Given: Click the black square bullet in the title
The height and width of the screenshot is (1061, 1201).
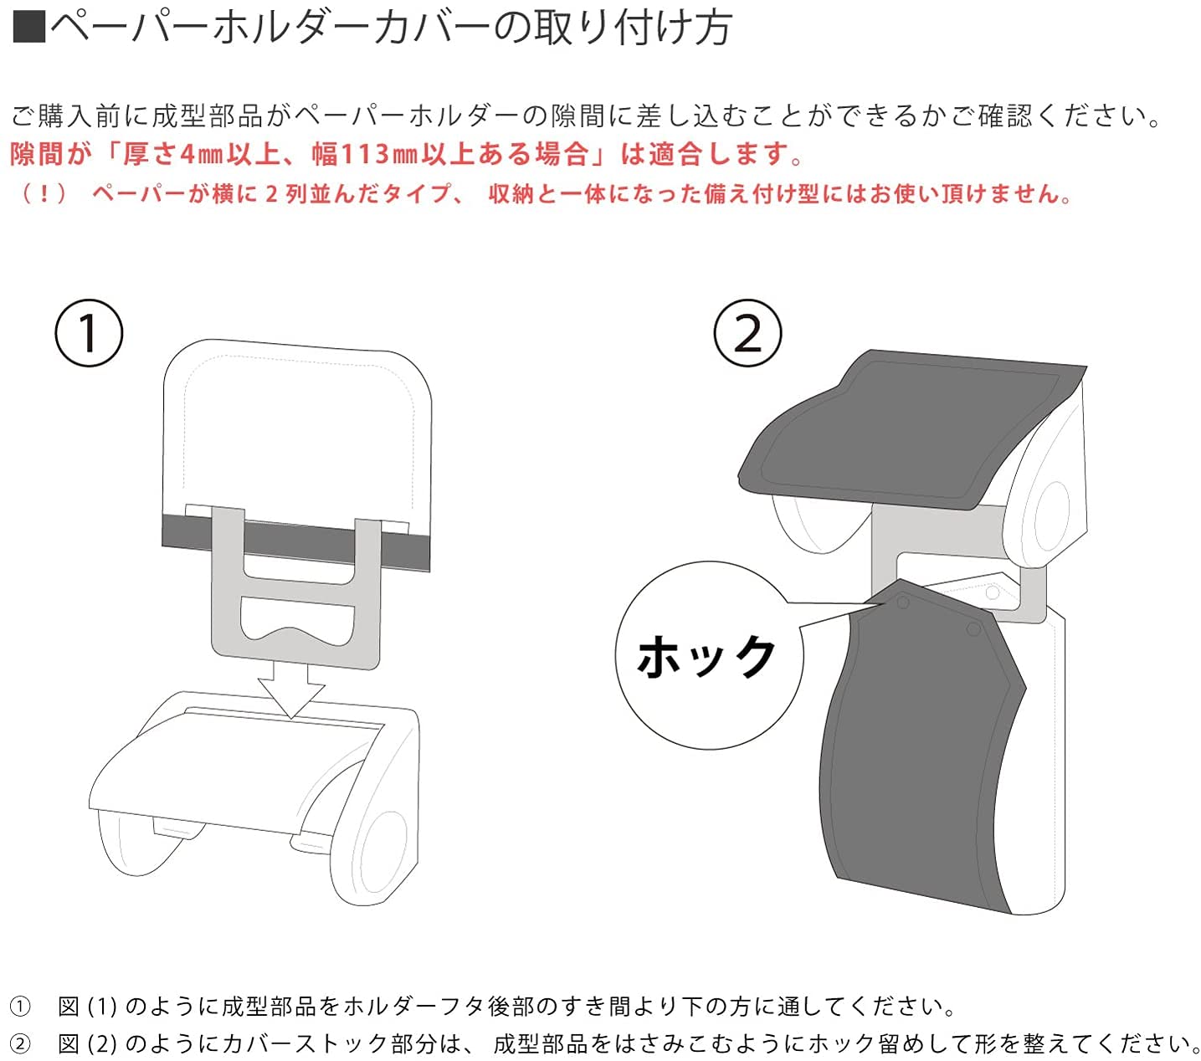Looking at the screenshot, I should (x=29, y=27).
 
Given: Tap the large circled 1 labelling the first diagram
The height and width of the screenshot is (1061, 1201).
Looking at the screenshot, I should (x=89, y=333).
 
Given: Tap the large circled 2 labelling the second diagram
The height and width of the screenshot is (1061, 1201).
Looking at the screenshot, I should (x=747, y=333).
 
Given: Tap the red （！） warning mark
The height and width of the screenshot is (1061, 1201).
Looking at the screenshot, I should (x=44, y=194).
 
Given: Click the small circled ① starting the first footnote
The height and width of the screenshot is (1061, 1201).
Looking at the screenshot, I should (x=19, y=1006).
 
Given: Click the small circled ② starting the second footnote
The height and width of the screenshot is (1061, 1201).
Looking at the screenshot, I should (x=19, y=1043).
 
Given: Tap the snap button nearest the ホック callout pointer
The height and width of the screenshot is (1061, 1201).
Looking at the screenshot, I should (x=902, y=602).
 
